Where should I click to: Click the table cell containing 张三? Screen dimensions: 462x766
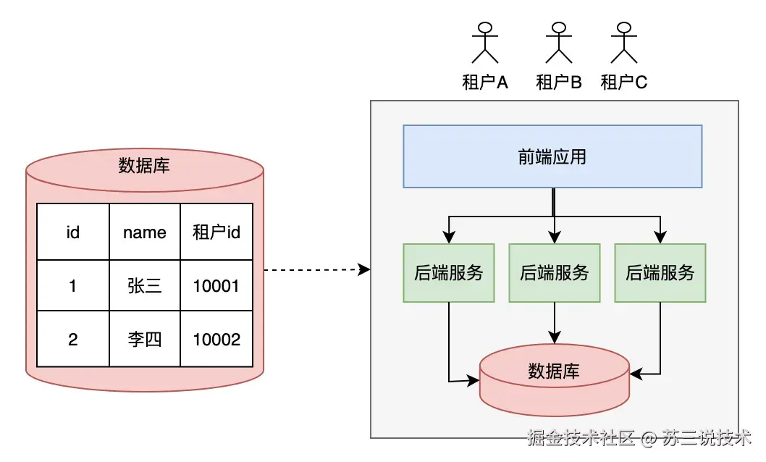click(x=145, y=286)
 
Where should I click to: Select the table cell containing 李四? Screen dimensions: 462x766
click(x=145, y=339)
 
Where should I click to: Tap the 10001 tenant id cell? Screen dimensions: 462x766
click(x=216, y=286)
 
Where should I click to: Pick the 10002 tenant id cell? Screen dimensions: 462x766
click(x=216, y=339)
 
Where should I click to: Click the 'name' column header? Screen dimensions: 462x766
click(x=145, y=232)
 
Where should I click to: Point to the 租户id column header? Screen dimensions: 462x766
click(x=216, y=232)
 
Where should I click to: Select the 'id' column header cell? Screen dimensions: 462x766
click(x=72, y=232)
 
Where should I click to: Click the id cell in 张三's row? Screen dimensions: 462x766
click(x=72, y=286)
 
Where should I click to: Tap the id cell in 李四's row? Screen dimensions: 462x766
click(x=72, y=339)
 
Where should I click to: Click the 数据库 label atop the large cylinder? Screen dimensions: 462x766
click(x=144, y=166)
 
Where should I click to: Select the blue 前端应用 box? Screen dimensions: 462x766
click(x=552, y=156)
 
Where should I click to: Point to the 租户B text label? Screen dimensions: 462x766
click(x=558, y=83)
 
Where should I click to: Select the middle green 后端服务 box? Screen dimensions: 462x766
click(x=555, y=273)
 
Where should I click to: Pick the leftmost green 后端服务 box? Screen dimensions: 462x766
click(x=449, y=273)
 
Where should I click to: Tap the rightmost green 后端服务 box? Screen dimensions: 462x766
click(x=660, y=273)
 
